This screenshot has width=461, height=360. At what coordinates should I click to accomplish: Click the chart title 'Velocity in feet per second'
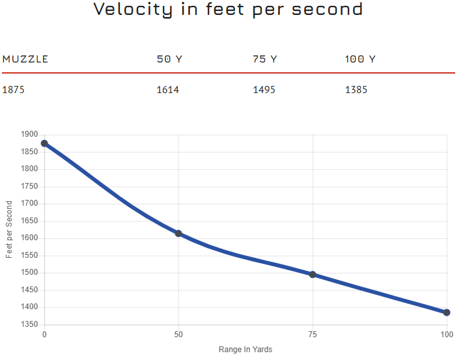228,10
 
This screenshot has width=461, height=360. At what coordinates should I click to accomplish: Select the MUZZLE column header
25,59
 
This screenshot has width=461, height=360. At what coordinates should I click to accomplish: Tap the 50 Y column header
169,59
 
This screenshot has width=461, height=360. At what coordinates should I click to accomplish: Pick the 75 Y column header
265,59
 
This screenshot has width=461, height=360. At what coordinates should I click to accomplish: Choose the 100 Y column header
360,59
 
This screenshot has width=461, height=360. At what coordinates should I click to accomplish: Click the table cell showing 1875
14,90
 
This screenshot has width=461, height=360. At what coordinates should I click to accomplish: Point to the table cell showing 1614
168,90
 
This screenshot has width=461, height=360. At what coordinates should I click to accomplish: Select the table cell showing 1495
264,90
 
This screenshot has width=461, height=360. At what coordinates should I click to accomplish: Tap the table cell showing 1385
356,90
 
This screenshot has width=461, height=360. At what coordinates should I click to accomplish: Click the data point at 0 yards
44,143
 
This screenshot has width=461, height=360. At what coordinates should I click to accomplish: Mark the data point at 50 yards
178,233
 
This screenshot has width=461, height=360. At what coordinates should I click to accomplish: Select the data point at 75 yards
313,275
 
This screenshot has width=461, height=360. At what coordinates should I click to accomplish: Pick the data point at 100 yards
447,312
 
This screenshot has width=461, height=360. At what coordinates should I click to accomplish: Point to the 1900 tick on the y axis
29,135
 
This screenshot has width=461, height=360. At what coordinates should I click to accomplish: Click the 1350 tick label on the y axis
29,325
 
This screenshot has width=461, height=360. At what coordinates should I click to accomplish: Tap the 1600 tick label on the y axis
29,238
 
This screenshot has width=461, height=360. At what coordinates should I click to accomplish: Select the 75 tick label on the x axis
313,335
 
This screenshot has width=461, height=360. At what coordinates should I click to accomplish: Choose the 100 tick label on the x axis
447,335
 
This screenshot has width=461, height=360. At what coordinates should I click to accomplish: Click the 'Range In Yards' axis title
245,350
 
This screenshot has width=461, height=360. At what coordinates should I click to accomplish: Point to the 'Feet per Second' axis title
9,229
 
